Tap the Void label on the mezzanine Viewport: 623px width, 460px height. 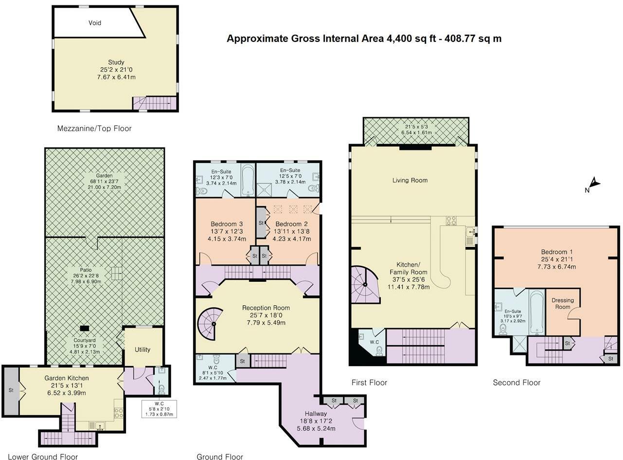coord(95,23)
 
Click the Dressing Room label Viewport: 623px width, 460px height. coord(563,304)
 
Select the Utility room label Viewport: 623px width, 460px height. coord(142,350)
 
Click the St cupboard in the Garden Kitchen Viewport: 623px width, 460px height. coord(11,390)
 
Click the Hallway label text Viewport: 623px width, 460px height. coord(316,414)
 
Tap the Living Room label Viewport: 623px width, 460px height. coord(410,180)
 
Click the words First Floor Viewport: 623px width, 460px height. coord(369,383)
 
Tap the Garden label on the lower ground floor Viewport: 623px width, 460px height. coord(104,176)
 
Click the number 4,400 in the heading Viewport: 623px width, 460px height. coord(398,38)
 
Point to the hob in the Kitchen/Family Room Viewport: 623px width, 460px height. coord(451,220)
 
